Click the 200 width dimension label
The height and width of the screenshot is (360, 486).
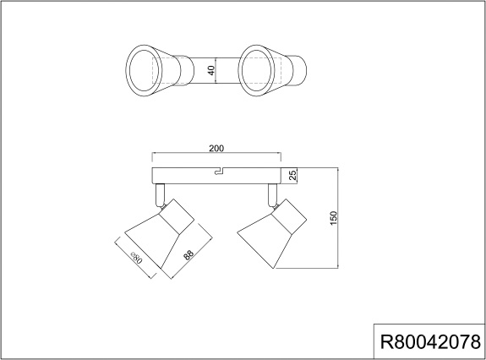[x=216, y=149]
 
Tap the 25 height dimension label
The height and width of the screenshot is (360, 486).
[x=292, y=176]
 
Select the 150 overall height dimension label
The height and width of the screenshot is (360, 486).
[x=333, y=218]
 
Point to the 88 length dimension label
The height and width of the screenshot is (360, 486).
[x=188, y=254]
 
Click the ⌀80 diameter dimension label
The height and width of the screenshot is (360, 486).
[x=136, y=258]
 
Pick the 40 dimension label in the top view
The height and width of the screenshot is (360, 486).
[x=211, y=70]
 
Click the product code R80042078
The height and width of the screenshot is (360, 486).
[x=430, y=342]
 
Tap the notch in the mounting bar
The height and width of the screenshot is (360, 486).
[x=220, y=171]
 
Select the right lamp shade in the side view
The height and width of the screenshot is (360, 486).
[x=272, y=233]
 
